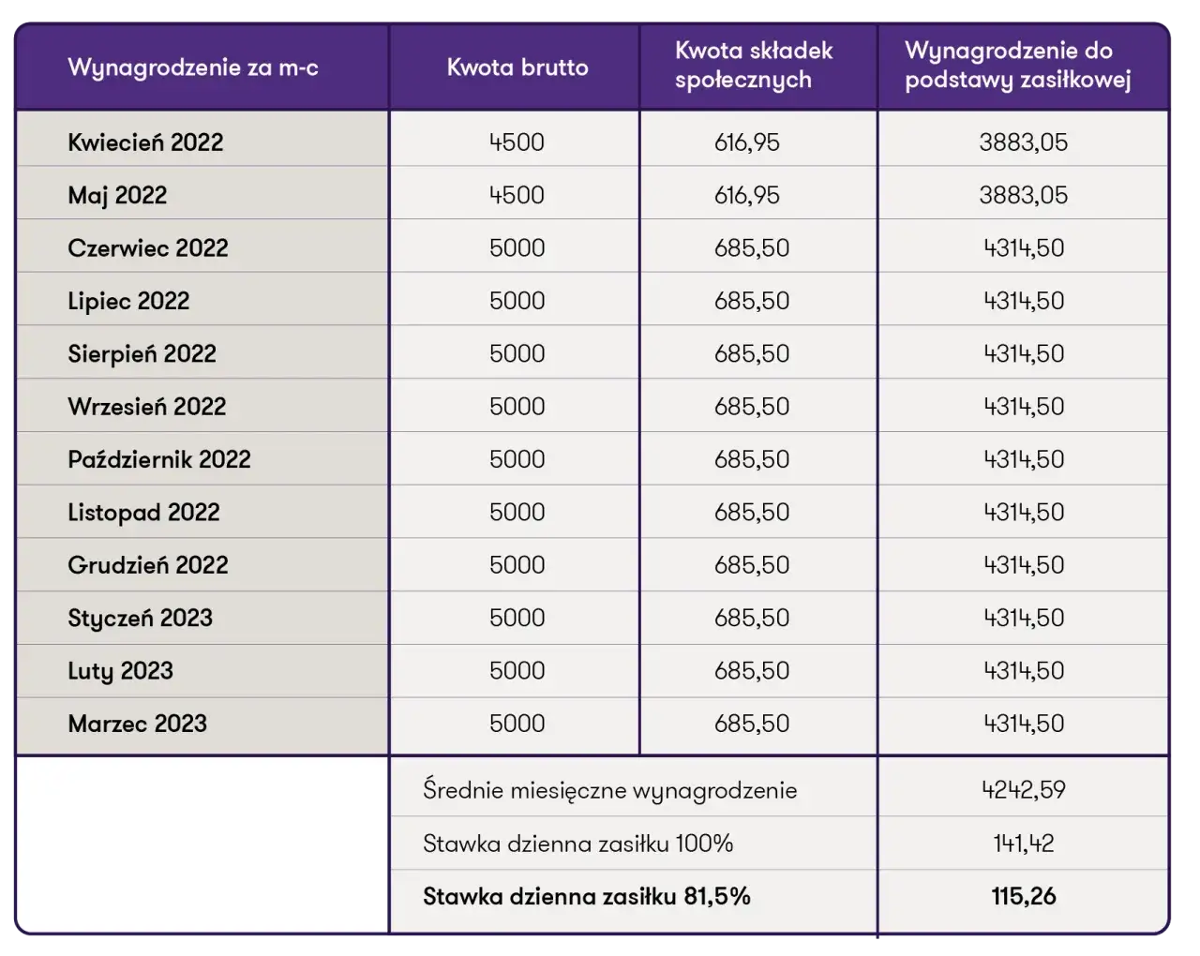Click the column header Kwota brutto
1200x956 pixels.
click(517, 67)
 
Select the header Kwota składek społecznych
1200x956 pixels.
click(754, 66)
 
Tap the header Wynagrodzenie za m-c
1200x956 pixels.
click(193, 67)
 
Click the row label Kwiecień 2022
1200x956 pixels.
click(145, 142)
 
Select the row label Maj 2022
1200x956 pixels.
click(117, 195)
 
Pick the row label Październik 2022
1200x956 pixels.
click(159, 459)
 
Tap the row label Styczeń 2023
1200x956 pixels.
click(140, 618)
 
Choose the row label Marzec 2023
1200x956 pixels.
click(137, 724)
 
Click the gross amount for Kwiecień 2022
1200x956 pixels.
click(517, 142)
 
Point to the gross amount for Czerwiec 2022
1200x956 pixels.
click(517, 248)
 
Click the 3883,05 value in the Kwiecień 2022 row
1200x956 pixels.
click(1023, 142)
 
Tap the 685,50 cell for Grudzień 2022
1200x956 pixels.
click(752, 565)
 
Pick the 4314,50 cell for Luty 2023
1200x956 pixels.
click(1024, 671)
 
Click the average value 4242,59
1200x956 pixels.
click(1024, 790)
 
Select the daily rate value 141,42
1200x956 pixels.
click(1024, 844)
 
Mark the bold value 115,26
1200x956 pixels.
click(1024, 897)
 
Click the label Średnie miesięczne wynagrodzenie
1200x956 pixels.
click(609, 791)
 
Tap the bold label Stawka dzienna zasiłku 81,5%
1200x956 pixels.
click(587, 897)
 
